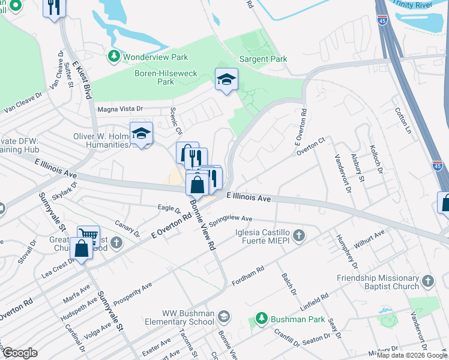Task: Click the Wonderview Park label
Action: [x=155, y=58]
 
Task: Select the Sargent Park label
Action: [x=263, y=59]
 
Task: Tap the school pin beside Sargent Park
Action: [x=226, y=80]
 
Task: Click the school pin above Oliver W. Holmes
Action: [x=142, y=134]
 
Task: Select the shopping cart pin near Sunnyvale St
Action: [x=88, y=235]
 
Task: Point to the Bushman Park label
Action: [x=289, y=320]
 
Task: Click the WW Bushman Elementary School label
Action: [x=188, y=317]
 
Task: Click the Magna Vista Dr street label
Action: [x=121, y=109]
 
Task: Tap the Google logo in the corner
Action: [x=19, y=353]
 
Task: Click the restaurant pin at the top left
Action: [x=54, y=8]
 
